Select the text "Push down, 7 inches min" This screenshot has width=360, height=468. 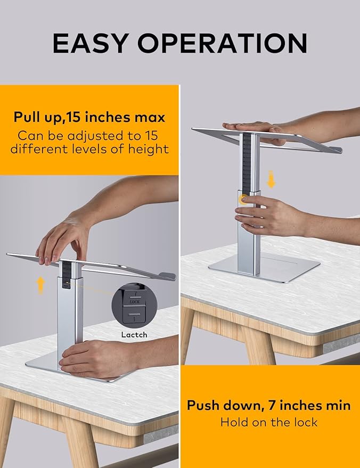click(268, 405)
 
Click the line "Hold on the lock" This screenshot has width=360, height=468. click(268, 423)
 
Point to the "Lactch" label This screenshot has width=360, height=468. click(133, 335)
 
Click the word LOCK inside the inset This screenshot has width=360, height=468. click(135, 302)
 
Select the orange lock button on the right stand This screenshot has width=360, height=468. click(244, 200)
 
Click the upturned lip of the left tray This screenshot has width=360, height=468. click(167, 276)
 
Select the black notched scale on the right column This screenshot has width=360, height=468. click(246, 160)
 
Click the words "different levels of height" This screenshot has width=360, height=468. click(89, 149)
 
